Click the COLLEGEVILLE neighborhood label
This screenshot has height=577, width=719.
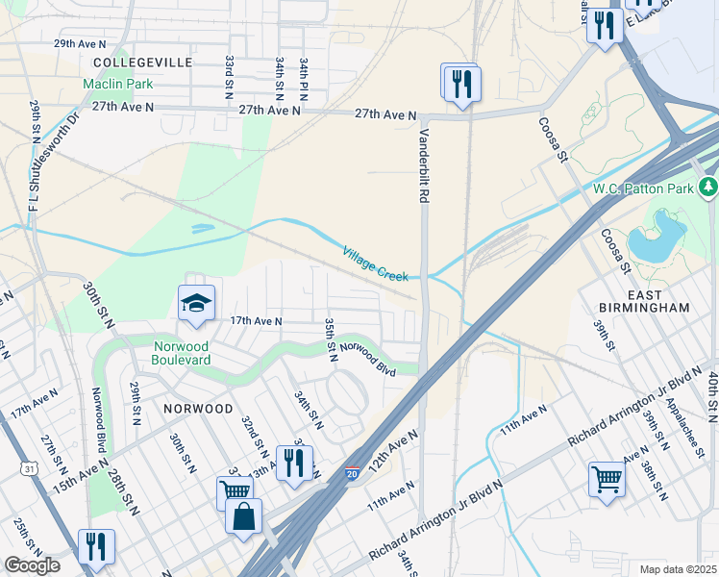[x=143, y=62]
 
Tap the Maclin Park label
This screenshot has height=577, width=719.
[x=119, y=84]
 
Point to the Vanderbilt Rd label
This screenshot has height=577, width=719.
[x=421, y=166]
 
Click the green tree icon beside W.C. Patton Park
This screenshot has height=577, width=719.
[x=708, y=185]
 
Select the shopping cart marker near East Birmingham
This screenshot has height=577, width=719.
[x=607, y=478]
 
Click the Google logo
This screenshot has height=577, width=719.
[x=32, y=565]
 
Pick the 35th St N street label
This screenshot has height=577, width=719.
[x=330, y=339]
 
